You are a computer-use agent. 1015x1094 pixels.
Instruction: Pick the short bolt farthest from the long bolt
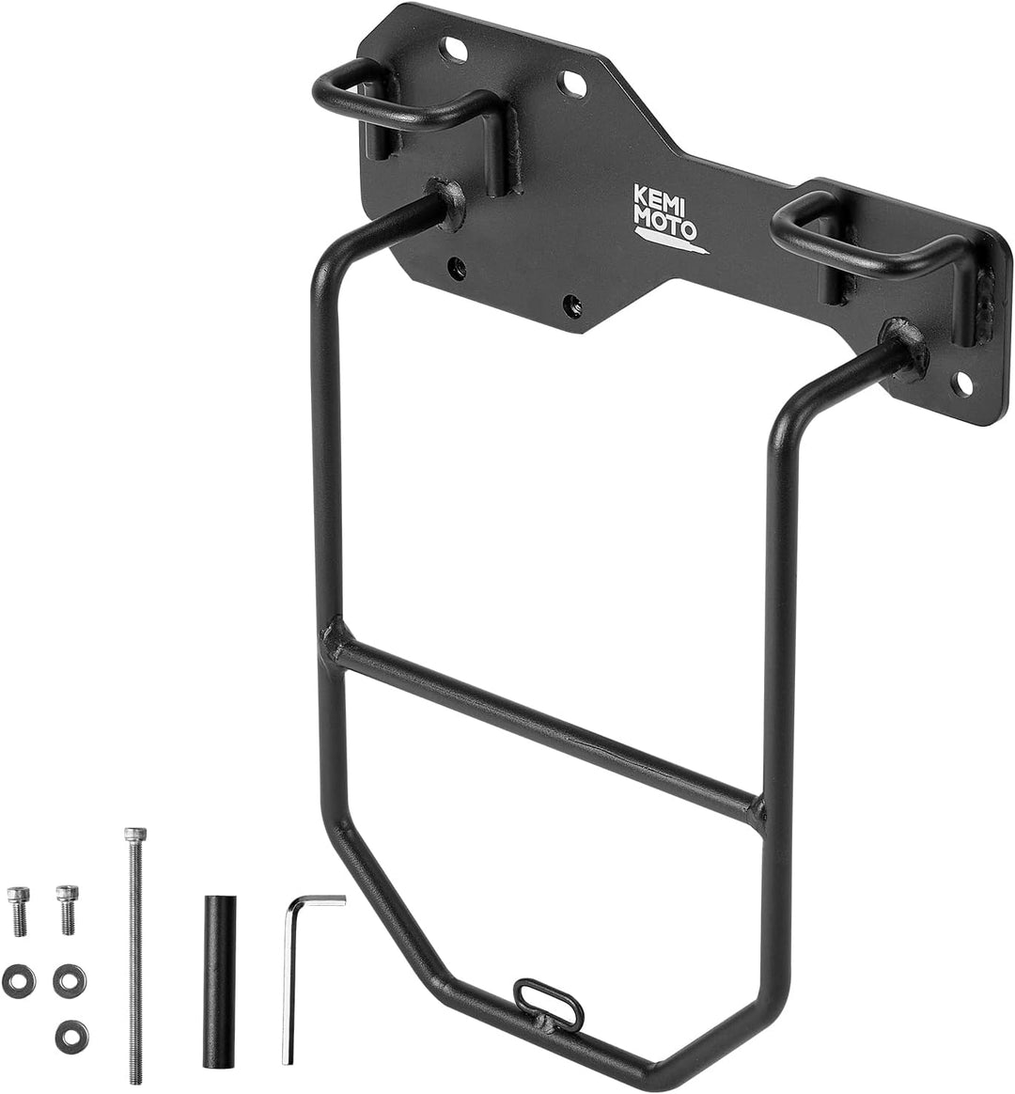click(17, 910)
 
